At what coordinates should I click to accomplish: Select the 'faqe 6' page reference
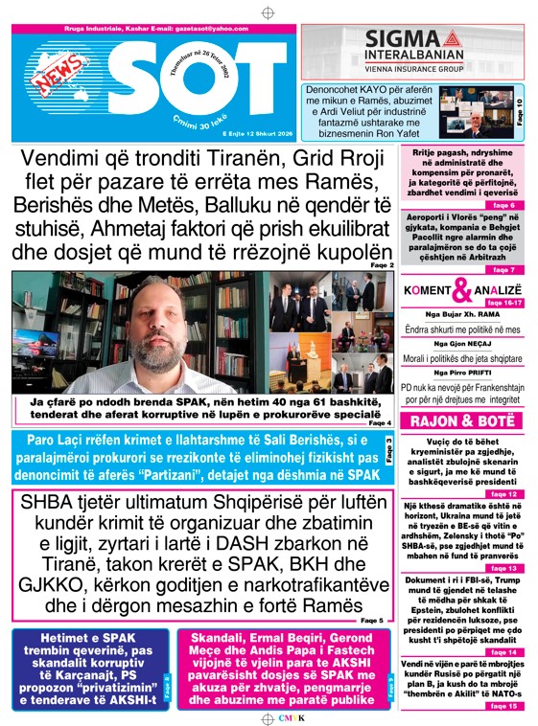pyautogui.click(x=505, y=206)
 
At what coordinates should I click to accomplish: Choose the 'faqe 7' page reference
pyautogui.click(x=505, y=270)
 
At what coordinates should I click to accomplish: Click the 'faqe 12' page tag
pyautogui.click(x=504, y=493)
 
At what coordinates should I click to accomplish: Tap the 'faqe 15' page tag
pyautogui.click(x=504, y=706)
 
